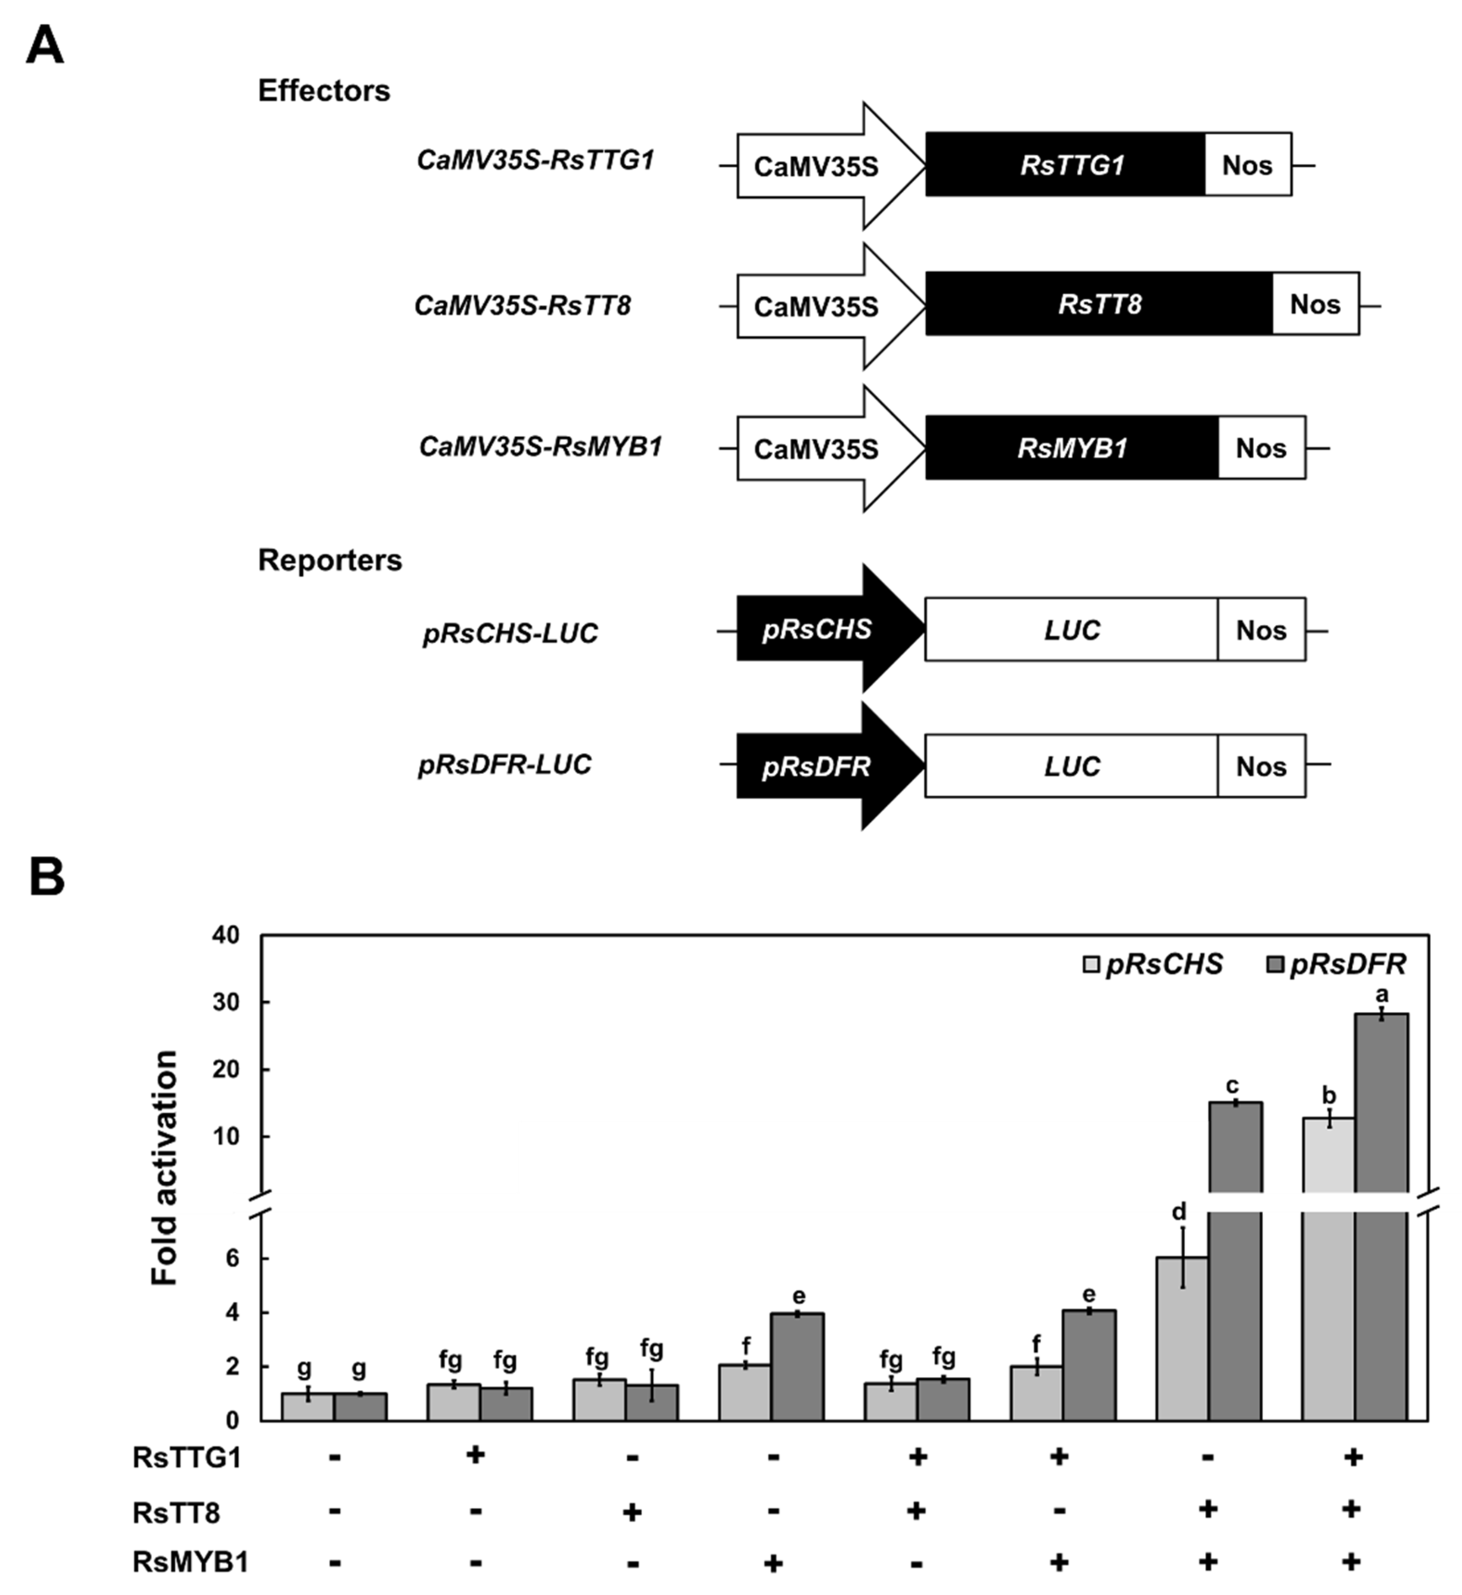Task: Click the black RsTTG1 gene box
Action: coord(1065,165)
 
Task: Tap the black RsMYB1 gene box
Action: coord(1071,448)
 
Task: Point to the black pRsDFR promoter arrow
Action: coord(823,765)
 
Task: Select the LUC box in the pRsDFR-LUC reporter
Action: coord(1071,765)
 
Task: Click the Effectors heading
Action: coord(324,91)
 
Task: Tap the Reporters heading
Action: coord(329,560)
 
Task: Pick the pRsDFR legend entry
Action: coord(1338,964)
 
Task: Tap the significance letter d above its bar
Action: coord(1179,1211)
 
